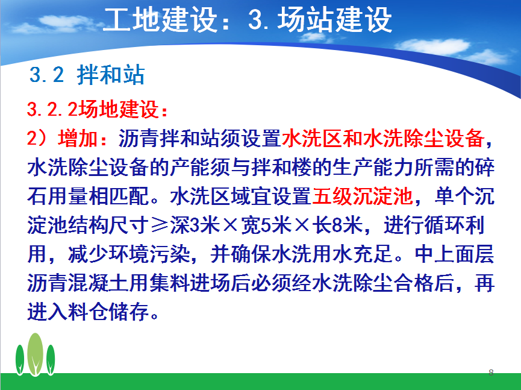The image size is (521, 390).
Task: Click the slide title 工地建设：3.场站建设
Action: (x=248, y=20)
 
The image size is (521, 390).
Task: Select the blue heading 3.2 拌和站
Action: (x=87, y=75)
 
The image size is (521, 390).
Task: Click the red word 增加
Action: (x=78, y=138)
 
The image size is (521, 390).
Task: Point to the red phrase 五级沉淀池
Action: (x=363, y=196)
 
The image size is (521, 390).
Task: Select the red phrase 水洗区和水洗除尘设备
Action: (x=383, y=138)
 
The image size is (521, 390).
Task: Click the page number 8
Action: (x=491, y=373)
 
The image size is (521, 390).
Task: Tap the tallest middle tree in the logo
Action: (x=35, y=354)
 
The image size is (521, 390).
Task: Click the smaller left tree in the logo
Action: (x=20, y=360)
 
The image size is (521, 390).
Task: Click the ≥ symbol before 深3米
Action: (x=160, y=225)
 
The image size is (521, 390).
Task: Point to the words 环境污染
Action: (x=149, y=254)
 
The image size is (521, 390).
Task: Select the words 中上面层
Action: (x=455, y=254)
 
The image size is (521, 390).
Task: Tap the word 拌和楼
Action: (x=282, y=167)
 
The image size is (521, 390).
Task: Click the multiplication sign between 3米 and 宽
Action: (x=231, y=225)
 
